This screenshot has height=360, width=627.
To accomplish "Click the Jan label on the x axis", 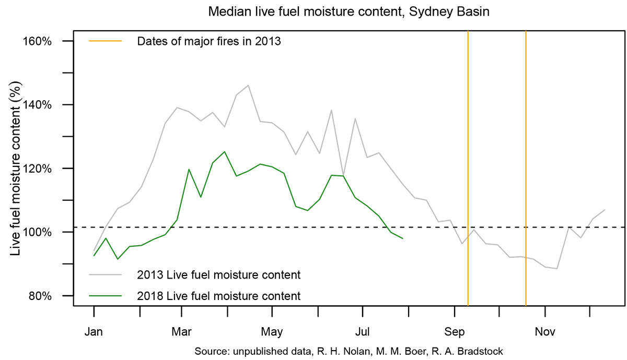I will [94, 331].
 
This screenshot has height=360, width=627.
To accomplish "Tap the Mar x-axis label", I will [181, 331].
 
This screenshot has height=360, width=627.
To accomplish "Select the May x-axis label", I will [272, 331].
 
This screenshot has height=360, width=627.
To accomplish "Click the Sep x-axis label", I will [454, 331].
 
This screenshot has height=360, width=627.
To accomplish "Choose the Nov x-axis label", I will [544, 331].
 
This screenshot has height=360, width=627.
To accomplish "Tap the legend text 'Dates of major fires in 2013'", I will [209, 42].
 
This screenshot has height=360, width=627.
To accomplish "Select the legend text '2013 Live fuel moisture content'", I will [218, 274].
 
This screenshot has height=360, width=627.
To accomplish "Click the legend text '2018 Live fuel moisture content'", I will [218, 296].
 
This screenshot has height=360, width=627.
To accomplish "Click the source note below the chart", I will [349, 351].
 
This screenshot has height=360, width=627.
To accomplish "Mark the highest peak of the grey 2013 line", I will [248, 85].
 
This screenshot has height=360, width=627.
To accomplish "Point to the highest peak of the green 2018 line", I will [224, 152].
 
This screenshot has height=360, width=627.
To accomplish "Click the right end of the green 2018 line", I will [403, 238].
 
